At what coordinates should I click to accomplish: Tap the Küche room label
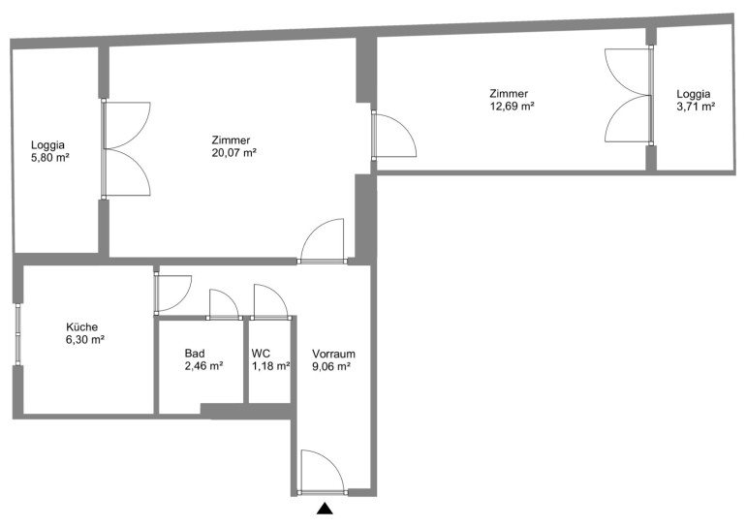(81, 327)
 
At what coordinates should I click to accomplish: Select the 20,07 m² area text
(234, 153)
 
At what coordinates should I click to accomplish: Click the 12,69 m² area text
(512, 106)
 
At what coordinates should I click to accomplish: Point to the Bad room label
(195, 354)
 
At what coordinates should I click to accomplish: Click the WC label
(261, 354)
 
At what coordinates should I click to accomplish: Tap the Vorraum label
(333, 354)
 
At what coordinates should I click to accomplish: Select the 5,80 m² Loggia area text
(50, 158)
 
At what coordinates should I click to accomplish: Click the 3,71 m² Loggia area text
(696, 107)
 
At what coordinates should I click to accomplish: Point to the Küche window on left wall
(17, 334)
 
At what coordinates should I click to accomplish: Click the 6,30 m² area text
(85, 340)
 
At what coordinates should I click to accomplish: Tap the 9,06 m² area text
(331, 366)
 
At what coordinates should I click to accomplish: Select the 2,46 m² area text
(204, 366)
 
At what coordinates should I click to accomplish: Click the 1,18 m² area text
(270, 366)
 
